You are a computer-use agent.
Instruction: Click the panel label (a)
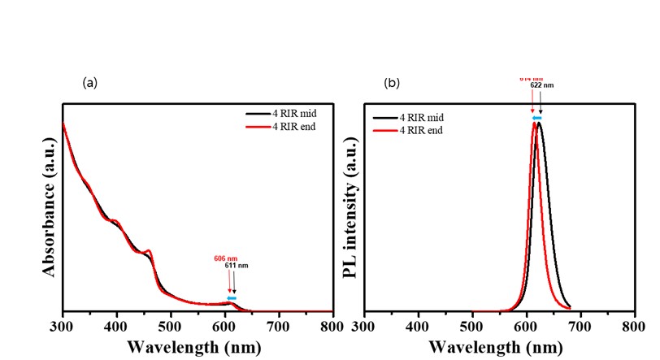(x=89, y=82)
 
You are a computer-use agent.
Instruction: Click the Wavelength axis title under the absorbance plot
(x=198, y=347)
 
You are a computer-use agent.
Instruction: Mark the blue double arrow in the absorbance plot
(x=231, y=298)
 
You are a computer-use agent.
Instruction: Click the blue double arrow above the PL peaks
(x=536, y=118)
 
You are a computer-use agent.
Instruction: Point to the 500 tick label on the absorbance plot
(x=170, y=326)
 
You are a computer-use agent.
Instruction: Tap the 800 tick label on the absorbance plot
(x=332, y=326)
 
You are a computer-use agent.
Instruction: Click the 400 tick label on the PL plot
(x=418, y=326)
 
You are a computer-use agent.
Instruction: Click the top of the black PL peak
(x=538, y=123)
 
